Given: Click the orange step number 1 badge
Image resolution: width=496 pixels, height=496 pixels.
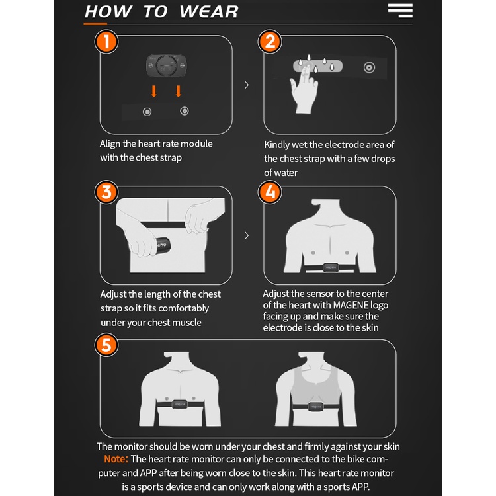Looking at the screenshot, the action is [106, 42].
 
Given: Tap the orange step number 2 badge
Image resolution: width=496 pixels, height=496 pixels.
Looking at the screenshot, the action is [270, 42].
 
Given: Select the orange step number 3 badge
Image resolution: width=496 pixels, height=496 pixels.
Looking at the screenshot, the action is [106, 192].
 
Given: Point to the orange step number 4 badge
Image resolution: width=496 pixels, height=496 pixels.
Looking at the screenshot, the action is [270, 192].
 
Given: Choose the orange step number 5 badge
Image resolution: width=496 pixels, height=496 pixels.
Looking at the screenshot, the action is [106, 345].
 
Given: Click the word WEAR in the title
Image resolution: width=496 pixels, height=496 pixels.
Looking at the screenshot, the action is [209, 12].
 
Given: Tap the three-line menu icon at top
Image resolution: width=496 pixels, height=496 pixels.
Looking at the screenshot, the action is [400, 11].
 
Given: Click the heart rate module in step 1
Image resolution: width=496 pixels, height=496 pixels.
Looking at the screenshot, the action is [166, 65].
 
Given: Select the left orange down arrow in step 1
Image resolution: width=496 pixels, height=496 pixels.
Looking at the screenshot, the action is [154, 91].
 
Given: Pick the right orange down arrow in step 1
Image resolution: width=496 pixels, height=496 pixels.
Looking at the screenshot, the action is [179, 91].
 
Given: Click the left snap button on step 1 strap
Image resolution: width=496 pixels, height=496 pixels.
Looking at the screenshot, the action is [147, 112].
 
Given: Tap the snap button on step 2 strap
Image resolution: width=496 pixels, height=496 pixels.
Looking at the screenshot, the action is [369, 67].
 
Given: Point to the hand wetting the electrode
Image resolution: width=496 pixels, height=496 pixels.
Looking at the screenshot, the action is [304, 89].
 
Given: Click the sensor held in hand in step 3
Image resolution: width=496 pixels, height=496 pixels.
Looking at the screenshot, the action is [163, 246].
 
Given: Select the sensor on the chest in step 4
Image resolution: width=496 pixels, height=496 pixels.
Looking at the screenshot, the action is [330, 267].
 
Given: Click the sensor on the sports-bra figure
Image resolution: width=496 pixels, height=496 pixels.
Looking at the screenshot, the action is [315, 407].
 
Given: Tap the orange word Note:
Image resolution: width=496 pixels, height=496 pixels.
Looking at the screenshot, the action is [116, 459].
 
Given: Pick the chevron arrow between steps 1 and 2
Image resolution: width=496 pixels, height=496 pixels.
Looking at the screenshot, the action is [247, 85].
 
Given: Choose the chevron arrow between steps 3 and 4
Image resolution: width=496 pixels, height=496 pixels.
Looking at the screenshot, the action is [247, 235].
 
